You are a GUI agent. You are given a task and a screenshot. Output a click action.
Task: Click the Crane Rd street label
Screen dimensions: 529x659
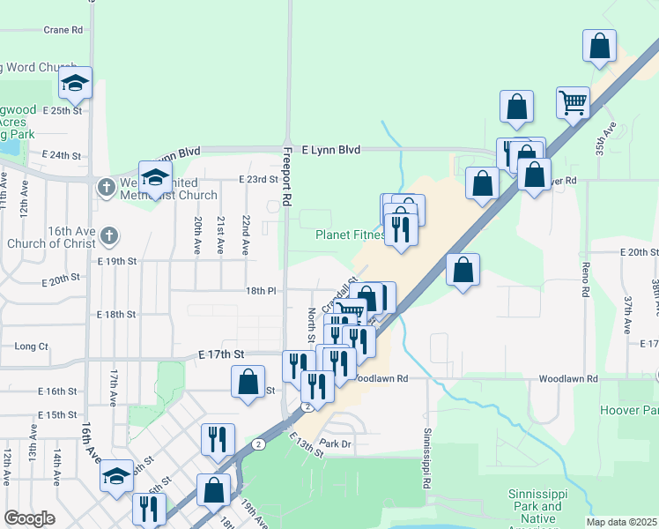click(x=63, y=29)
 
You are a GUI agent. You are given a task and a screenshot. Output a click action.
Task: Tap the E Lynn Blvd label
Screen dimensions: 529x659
click(x=330, y=150)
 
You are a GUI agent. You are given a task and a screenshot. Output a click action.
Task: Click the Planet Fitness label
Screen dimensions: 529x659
click(x=350, y=235)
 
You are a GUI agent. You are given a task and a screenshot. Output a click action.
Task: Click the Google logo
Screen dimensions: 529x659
click(x=29, y=518)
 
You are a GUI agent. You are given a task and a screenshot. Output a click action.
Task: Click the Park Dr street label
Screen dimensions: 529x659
click(x=335, y=443)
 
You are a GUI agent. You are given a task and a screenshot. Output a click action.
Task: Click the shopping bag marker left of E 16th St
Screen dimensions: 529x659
click(x=248, y=382)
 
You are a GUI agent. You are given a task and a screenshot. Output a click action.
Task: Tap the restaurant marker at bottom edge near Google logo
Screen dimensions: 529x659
click(x=149, y=508)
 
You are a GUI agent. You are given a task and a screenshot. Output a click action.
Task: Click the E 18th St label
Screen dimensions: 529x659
click(x=116, y=314)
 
